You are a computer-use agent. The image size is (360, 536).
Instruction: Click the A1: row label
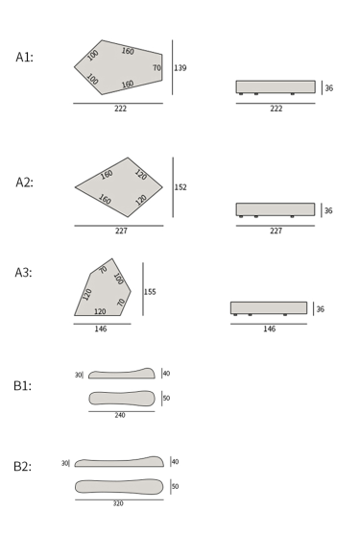(x=25, y=57)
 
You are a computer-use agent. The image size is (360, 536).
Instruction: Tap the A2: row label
(x=25, y=183)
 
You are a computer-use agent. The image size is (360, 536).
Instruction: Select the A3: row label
(x=24, y=273)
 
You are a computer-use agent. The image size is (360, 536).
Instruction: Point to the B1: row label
(x=22, y=385)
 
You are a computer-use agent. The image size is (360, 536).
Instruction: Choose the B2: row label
(x=22, y=466)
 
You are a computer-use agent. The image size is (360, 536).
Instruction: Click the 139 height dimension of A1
(x=180, y=68)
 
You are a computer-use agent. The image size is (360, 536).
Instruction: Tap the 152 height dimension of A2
(x=180, y=187)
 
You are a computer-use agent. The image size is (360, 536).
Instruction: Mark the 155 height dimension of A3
(x=150, y=292)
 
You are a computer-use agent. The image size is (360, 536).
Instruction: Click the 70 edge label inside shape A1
(x=156, y=68)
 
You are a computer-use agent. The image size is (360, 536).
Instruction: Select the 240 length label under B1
(x=120, y=415)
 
